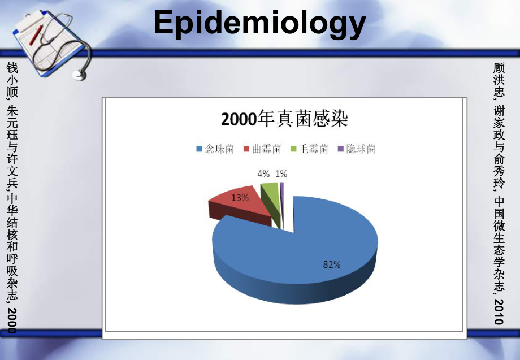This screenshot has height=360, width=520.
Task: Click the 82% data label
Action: tap(332, 264)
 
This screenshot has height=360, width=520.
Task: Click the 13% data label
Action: tap(240, 198)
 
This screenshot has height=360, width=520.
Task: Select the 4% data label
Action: tap(263, 174)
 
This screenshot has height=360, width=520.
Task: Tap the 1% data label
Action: tap(281, 174)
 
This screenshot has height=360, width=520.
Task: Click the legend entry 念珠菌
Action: tap(219, 149)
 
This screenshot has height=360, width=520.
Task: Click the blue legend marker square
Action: tap(199, 149)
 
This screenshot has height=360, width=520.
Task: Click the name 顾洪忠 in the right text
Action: tap(498, 79)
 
